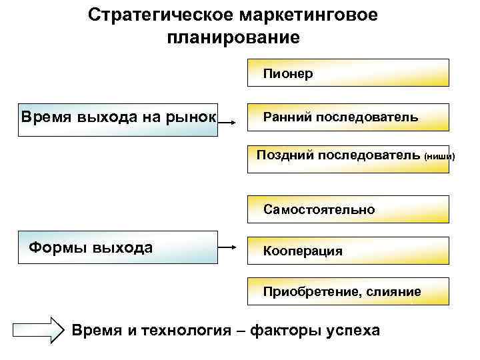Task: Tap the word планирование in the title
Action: click(x=233, y=37)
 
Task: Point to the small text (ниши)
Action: click(x=439, y=157)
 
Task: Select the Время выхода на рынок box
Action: click(x=118, y=119)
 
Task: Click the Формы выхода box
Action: click(x=118, y=248)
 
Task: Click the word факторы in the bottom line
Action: click(x=285, y=330)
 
